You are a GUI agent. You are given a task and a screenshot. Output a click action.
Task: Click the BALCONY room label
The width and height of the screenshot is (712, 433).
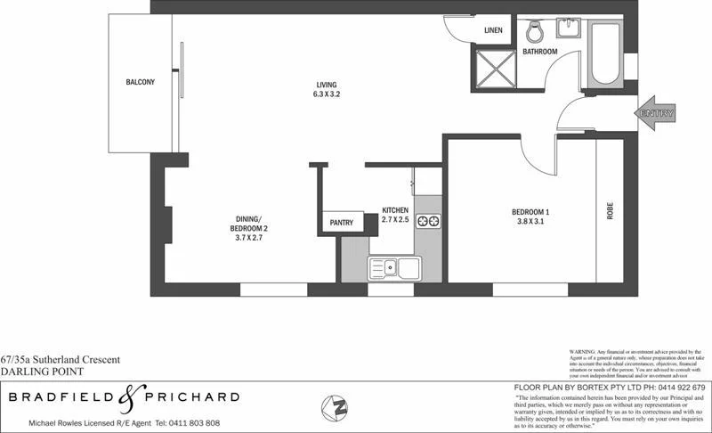click(140, 82)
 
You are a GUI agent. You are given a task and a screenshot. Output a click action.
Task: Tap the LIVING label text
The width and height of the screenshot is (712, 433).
click(327, 84)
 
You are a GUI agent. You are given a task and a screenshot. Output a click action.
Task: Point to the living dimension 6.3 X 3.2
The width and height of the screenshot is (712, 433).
click(327, 94)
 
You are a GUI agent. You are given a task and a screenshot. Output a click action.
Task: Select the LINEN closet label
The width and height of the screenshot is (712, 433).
click(493, 31)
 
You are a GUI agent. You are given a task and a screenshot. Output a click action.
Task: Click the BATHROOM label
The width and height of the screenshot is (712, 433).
click(539, 52)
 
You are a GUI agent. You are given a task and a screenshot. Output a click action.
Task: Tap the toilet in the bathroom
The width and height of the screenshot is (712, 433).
click(535, 32)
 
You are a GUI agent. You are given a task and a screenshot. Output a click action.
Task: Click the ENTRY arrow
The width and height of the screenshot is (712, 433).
click(657, 113)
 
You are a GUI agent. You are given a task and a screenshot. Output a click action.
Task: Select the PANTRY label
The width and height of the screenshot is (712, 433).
click(341, 223)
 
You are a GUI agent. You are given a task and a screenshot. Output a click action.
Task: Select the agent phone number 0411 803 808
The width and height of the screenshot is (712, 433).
click(188, 422)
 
